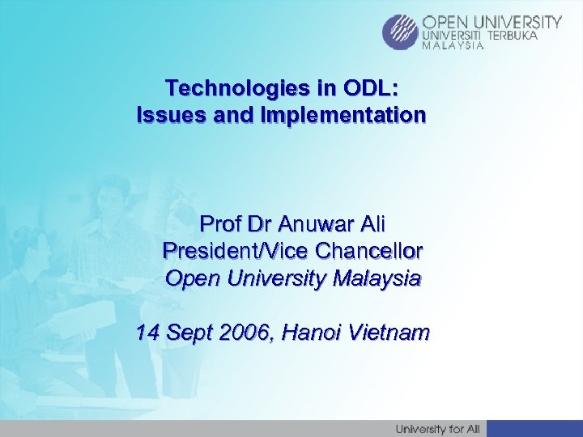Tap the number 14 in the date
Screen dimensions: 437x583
coord(148,332)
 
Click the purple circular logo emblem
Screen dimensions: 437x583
coord(401,32)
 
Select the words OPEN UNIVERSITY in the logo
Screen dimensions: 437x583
coord(492,22)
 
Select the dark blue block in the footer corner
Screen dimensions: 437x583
coord(534,428)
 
